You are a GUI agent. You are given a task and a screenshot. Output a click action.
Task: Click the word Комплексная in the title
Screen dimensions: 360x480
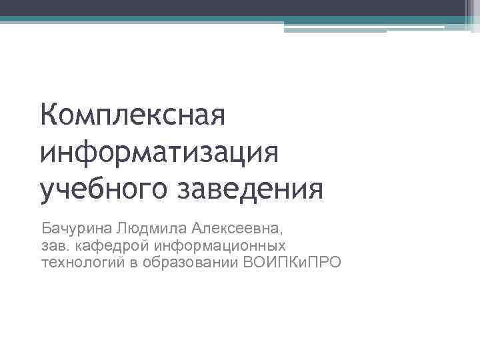pyautogui.click(x=133, y=119)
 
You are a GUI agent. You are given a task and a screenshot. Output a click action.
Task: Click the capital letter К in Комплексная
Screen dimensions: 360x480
pyautogui.click(x=49, y=119)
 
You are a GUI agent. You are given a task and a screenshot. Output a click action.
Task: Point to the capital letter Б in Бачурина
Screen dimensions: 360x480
pyautogui.click(x=46, y=221)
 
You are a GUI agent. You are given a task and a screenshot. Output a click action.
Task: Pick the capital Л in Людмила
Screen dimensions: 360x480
pyautogui.click(x=119, y=221)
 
